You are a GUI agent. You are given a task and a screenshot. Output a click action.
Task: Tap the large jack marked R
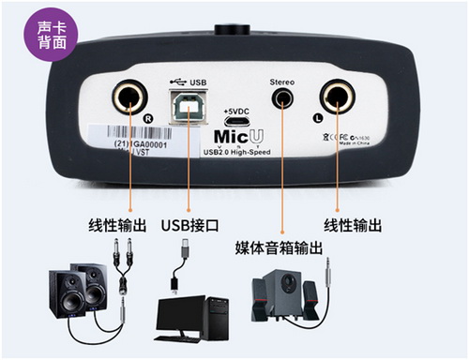(127, 97)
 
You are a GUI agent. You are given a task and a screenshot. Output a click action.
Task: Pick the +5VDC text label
(235, 112)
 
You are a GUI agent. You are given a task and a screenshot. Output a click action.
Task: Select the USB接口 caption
(188, 225)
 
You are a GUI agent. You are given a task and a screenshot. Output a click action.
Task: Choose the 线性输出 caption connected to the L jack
(353, 225)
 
